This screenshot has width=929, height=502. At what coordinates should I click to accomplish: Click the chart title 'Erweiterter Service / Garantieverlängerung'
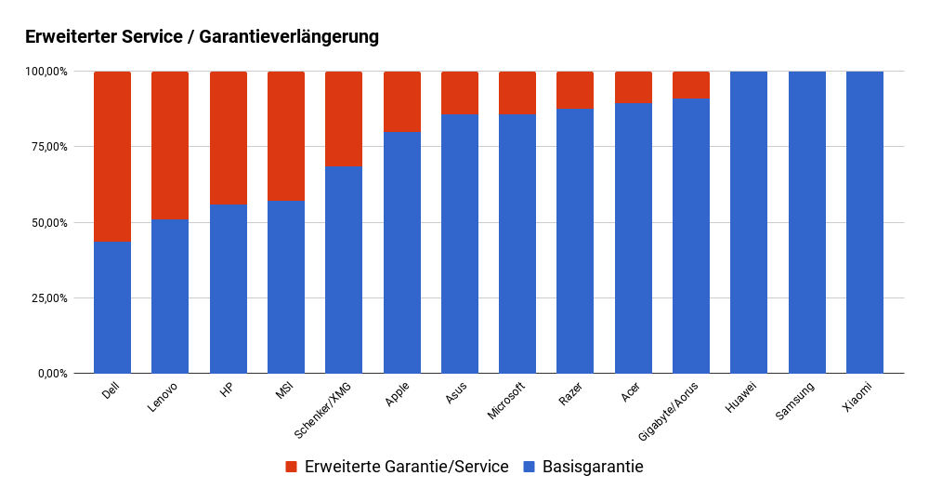(x=202, y=37)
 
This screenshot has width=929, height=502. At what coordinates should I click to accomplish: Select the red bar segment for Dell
(x=112, y=155)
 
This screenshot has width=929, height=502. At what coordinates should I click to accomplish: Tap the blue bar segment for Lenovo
(x=170, y=296)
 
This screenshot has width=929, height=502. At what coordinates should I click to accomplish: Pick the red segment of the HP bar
(x=229, y=137)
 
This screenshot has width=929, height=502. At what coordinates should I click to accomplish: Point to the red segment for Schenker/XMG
(x=344, y=119)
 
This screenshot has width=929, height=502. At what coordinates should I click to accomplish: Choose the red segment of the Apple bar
(x=402, y=100)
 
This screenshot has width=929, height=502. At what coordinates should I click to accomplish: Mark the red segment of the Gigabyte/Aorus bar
(x=691, y=85)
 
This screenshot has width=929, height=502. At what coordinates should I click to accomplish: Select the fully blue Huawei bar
(x=749, y=222)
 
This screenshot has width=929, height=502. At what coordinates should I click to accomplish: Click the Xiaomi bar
(x=865, y=222)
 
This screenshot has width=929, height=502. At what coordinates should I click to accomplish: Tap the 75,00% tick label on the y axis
(x=46, y=147)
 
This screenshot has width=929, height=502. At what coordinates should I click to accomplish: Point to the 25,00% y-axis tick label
(x=46, y=298)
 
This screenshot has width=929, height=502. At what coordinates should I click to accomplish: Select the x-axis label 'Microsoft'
(x=506, y=400)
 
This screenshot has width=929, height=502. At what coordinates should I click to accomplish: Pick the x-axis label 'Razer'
(x=569, y=395)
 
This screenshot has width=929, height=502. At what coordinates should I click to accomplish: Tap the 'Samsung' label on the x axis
(x=795, y=400)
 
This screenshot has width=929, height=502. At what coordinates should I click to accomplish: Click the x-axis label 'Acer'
(x=630, y=393)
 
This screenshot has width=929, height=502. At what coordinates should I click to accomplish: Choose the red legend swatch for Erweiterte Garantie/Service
(x=291, y=467)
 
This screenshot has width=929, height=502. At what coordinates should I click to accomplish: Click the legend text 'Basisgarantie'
(x=593, y=467)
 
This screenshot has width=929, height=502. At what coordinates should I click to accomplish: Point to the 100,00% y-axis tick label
(x=45, y=72)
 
